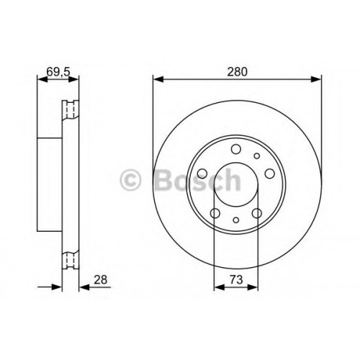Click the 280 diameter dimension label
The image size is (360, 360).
click(237, 72)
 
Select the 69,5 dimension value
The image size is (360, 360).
click(58, 72)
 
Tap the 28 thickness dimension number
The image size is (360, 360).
click(100, 280)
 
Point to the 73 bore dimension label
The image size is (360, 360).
click(236, 279)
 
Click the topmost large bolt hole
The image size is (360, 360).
click(236, 149)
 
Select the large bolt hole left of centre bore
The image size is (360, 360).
click(202, 174)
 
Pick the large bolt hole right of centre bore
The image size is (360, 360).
click(270, 174)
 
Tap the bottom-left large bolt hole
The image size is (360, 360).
click(215, 213)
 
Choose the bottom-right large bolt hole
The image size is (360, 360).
click(257, 213)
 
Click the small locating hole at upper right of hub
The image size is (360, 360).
click(257, 156)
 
